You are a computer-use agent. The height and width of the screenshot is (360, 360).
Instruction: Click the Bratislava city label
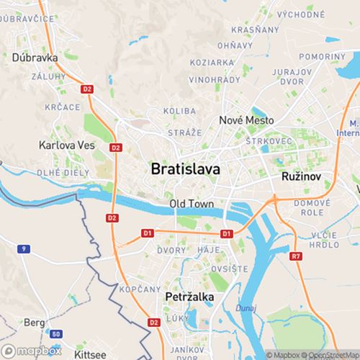point(186,169)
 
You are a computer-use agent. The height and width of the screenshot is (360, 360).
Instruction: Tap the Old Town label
point(192,204)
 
